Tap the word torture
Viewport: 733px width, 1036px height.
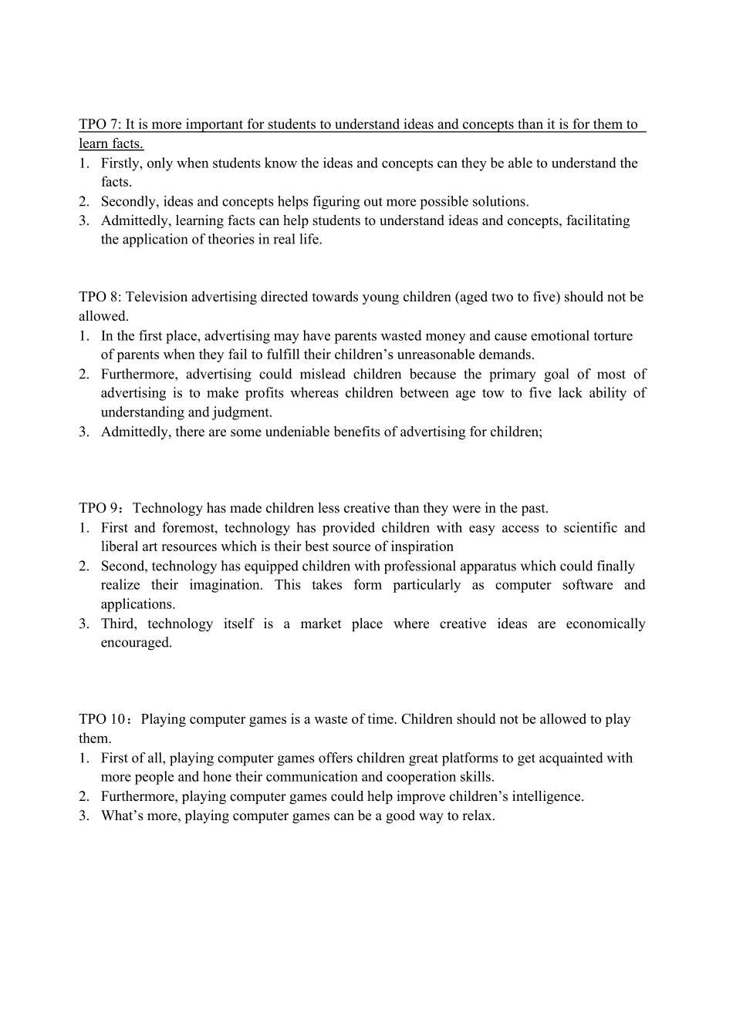point(613,336)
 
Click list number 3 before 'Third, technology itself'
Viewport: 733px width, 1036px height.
point(83,624)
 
